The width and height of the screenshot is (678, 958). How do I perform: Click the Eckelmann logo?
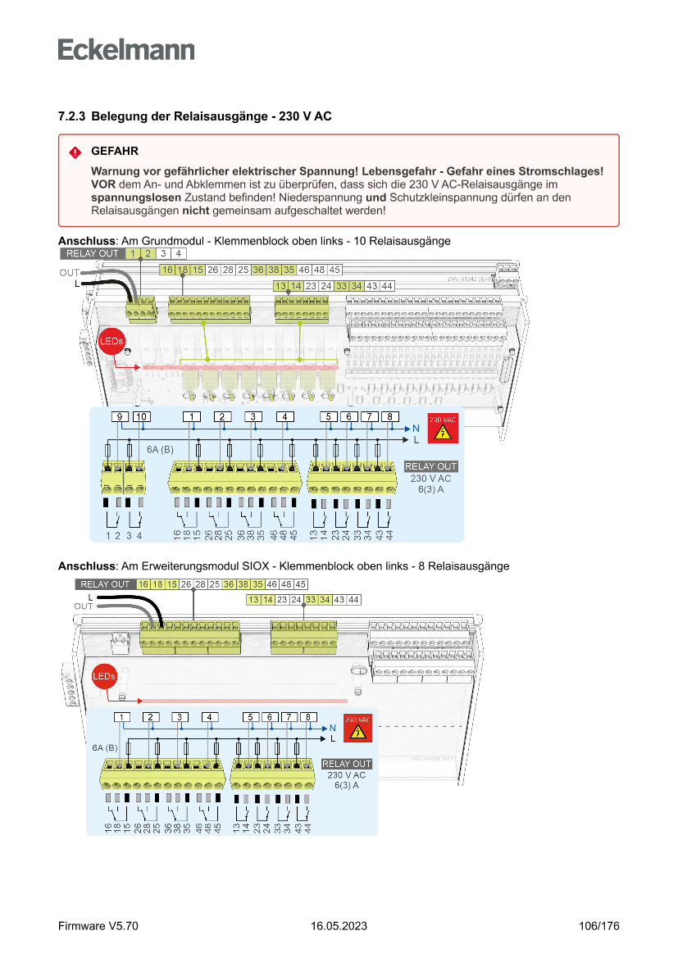pos(126,49)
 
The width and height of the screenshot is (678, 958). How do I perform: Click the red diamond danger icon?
pos(75,152)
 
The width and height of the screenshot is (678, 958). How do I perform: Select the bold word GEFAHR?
pos(115,152)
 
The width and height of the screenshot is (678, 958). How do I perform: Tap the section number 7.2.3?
pos(71,116)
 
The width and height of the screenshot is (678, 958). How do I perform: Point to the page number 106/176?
pos(598,926)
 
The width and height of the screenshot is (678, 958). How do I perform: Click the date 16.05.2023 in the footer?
pos(339,926)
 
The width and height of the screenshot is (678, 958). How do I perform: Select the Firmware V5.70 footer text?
pos(98,926)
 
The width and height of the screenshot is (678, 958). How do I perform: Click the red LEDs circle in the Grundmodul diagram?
pos(110,341)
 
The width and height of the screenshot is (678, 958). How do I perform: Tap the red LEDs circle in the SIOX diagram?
pos(104,676)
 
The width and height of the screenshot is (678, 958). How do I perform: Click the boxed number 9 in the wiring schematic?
pos(120,417)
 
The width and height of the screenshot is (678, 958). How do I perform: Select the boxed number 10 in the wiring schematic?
pos(141,417)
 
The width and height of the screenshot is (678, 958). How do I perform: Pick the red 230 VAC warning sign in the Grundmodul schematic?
pos(442,429)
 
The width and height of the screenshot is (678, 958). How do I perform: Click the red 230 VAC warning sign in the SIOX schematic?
pos(356,729)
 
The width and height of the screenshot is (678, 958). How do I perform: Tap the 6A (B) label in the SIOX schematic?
pos(104,748)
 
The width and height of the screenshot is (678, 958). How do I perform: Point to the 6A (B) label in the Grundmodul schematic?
pos(161,450)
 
